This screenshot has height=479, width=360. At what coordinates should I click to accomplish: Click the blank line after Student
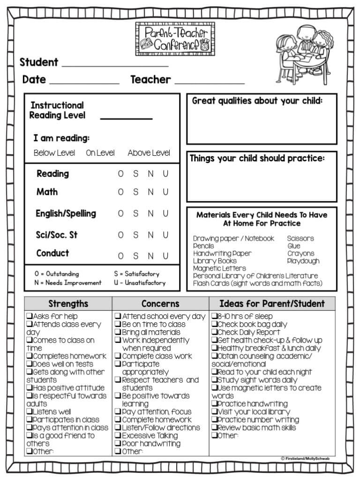tap(115, 65)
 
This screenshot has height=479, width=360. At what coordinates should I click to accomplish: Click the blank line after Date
tap(84, 82)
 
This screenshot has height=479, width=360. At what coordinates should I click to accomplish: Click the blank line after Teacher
tap(210, 82)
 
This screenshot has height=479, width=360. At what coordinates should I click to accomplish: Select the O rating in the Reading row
tap(121, 174)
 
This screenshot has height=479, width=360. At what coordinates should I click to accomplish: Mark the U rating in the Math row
tap(165, 192)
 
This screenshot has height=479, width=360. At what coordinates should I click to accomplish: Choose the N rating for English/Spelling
tap(150, 213)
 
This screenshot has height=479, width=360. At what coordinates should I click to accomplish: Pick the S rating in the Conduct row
tap(135, 256)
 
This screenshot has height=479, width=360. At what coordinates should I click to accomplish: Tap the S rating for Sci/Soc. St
tap(135, 235)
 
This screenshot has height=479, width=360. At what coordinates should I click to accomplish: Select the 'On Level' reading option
tap(100, 153)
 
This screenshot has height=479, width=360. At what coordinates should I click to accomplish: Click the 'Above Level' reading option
tap(149, 153)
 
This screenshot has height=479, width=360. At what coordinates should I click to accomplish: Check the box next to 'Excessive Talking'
tap(118, 435)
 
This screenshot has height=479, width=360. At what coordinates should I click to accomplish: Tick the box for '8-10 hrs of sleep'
tap(214, 317)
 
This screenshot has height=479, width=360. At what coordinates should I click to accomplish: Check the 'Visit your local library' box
tap(214, 412)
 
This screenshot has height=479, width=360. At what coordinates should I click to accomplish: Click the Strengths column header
tap(68, 304)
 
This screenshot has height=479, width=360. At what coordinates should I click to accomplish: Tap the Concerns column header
tap(160, 304)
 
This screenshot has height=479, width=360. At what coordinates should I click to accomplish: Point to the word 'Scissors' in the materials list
tap(300, 238)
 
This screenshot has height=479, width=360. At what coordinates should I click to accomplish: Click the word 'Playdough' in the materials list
tap(303, 261)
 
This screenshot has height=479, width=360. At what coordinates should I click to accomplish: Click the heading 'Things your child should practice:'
tap(257, 159)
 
